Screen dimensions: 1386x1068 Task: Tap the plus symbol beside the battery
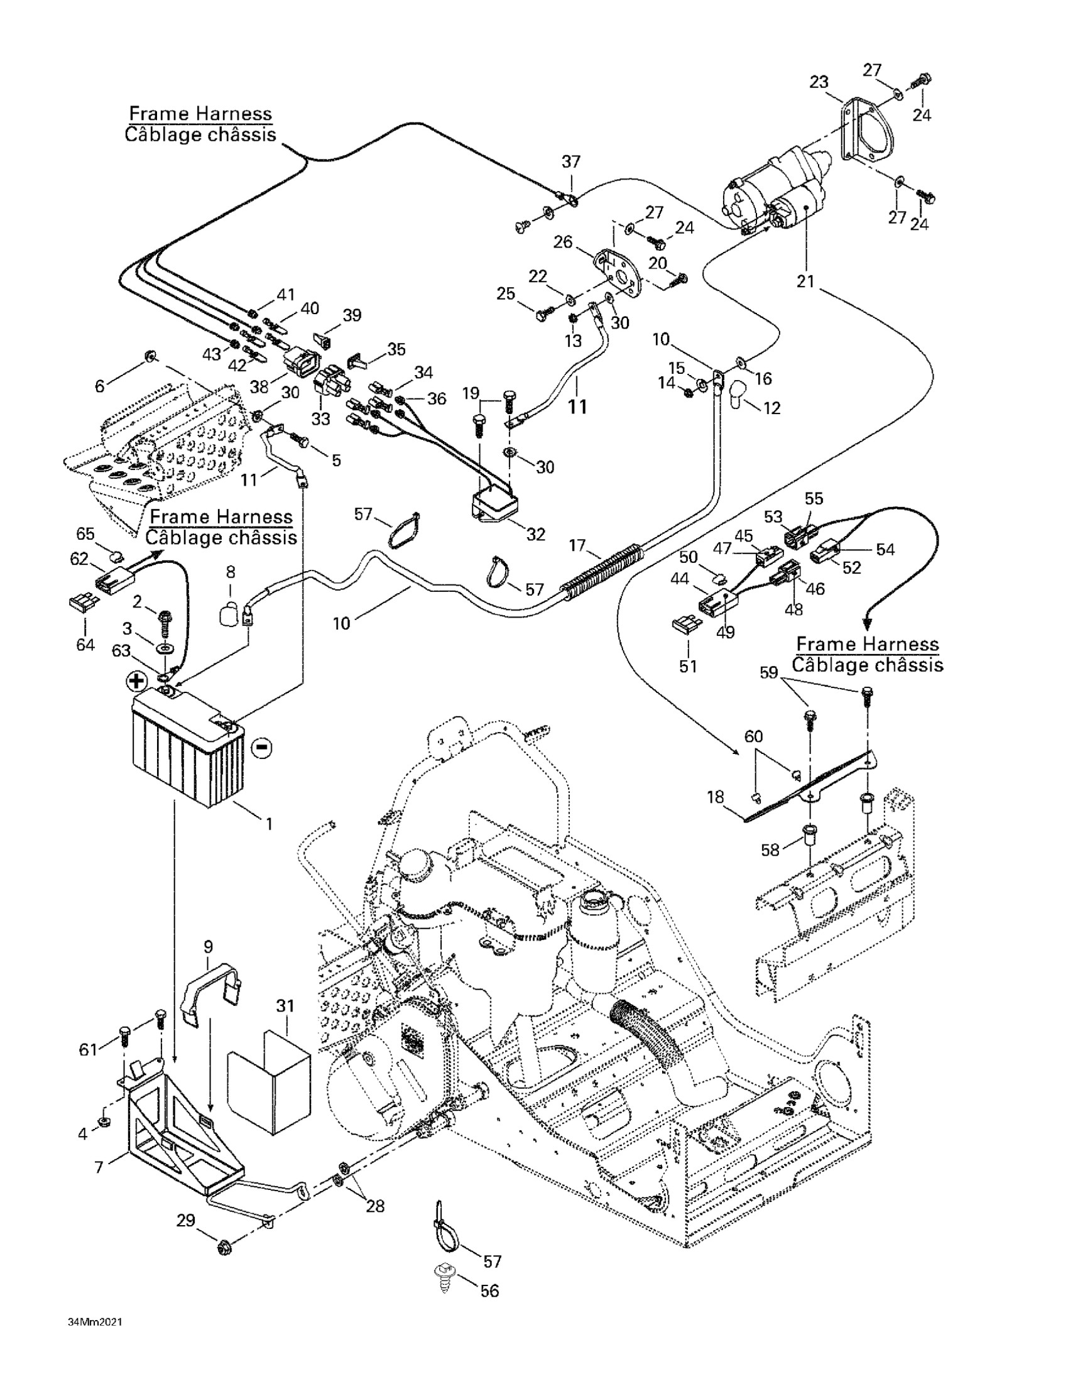click(136, 682)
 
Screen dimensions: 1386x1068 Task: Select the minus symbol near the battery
click(261, 748)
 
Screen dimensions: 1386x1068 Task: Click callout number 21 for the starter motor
click(805, 280)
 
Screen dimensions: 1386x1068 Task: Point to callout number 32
click(536, 533)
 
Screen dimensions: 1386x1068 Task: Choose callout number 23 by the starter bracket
click(819, 82)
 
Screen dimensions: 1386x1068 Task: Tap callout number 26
click(563, 242)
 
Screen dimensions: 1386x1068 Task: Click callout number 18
click(715, 797)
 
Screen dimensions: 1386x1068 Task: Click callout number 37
click(570, 162)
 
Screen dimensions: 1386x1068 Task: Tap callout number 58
click(770, 849)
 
